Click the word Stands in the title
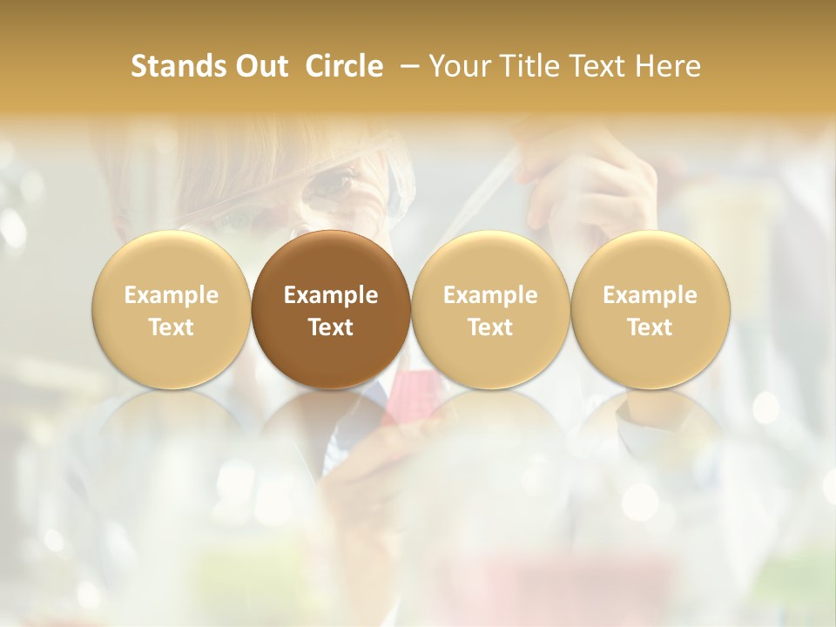pos(178,66)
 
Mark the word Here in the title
pos(667,66)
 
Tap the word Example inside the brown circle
pos(331,296)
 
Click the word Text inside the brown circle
pos(331,327)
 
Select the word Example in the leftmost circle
pos(171,296)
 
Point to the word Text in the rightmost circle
pos(650,327)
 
